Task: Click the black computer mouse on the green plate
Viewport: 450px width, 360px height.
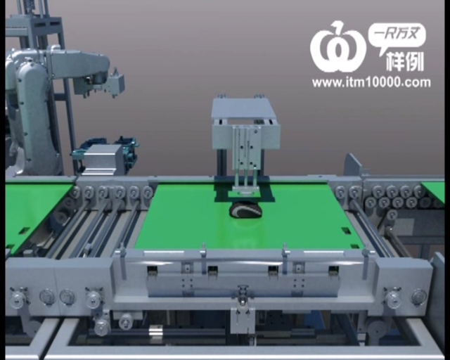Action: pyautogui.click(x=245, y=210)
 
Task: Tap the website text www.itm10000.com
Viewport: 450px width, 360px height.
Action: pyautogui.click(x=371, y=83)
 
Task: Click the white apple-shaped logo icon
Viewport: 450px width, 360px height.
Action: pyautogui.click(x=338, y=48)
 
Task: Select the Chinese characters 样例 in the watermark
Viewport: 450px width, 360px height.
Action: pyautogui.click(x=405, y=61)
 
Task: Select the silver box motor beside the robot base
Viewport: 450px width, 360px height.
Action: pyautogui.click(x=101, y=159)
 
